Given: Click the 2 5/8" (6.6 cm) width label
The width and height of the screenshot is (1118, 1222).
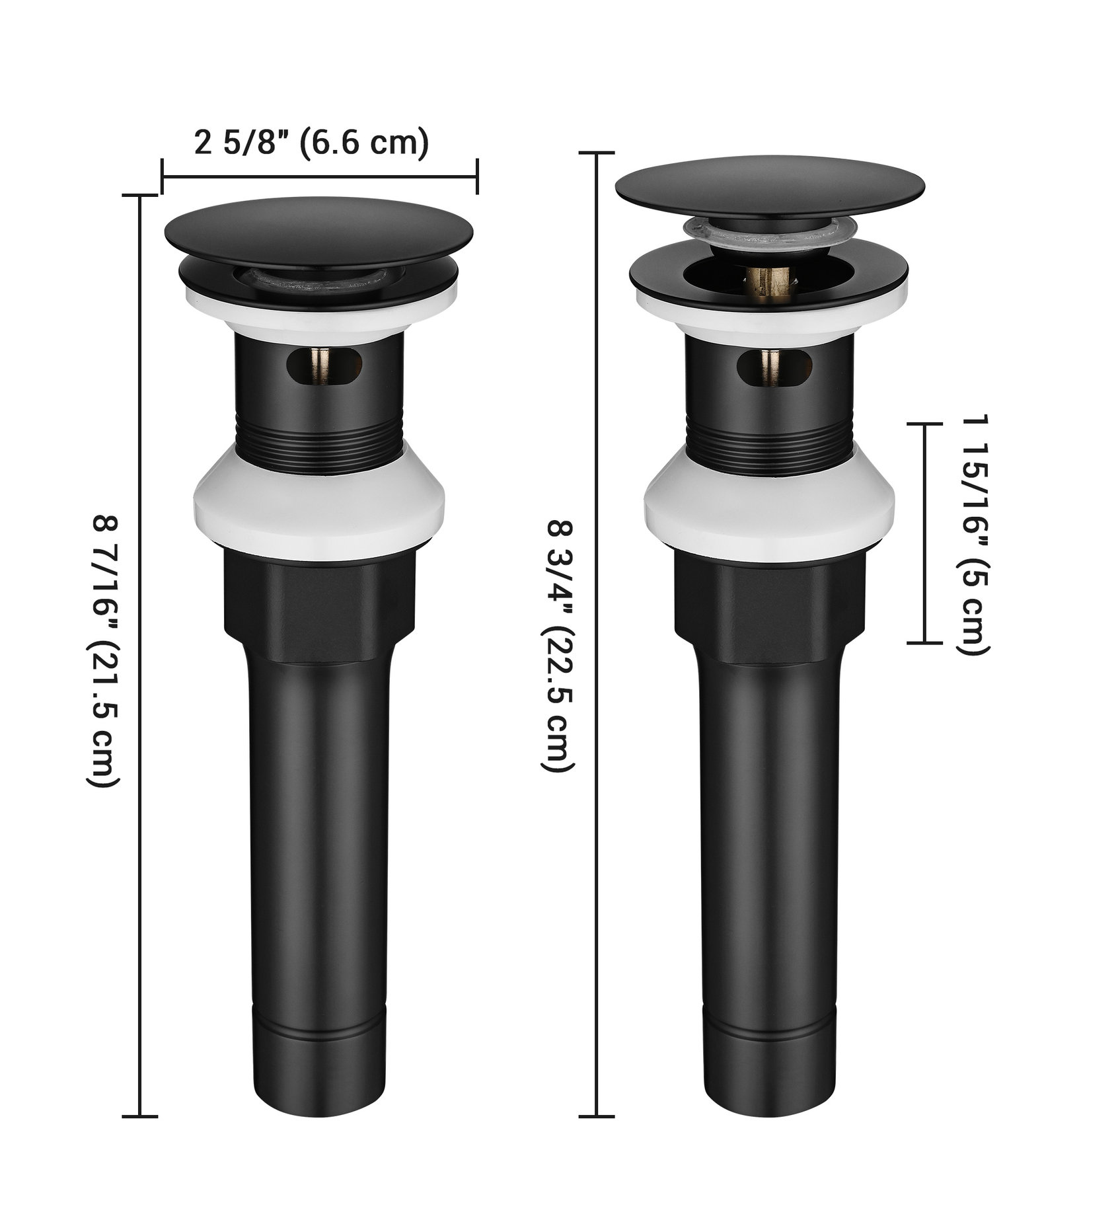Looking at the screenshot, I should [x=311, y=143].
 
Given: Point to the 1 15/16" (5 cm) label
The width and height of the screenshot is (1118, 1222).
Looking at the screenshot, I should [x=973, y=535].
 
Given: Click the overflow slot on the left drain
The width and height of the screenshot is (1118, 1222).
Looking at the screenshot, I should [x=324, y=365].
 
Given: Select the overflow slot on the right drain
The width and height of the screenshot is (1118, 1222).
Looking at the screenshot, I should [x=773, y=366].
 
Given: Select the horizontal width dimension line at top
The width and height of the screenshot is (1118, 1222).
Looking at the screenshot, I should [x=319, y=176].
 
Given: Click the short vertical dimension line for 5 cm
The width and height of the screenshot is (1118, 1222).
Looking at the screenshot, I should [x=923, y=533].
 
